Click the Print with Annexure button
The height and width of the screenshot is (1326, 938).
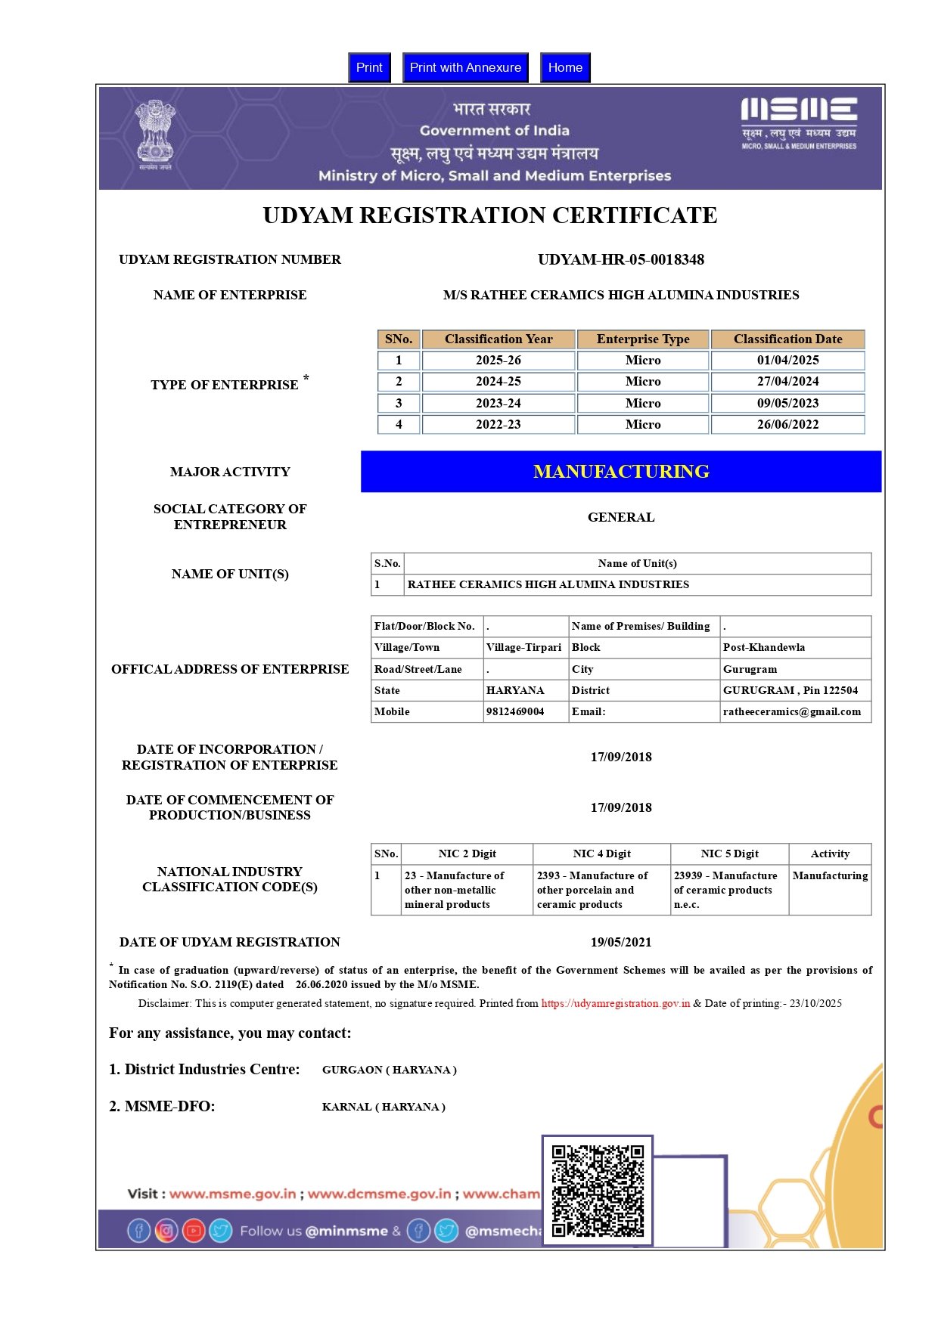[x=465, y=67]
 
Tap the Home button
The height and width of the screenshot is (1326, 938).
[x=565, y=67]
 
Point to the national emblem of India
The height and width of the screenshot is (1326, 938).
[x=155, y=132]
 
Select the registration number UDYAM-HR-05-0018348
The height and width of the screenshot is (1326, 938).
[x=620, y=259]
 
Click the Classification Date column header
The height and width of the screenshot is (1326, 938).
[x=787, y=339]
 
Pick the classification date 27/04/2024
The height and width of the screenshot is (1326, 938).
[x=787, y=382]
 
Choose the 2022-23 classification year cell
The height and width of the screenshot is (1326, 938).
[x=498, y=425]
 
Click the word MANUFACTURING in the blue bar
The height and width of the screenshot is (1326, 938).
[x=621, y=472]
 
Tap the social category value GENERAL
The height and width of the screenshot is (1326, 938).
[x=621, y=517]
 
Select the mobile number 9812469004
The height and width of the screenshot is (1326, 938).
[x=515, y=711]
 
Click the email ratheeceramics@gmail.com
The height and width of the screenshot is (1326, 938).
[x=791, y=711]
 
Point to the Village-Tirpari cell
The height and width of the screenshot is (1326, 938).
[x=523, y=647]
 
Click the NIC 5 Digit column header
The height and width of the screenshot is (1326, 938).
[x=729, y=854]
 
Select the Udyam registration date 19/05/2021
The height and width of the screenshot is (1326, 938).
[x=621, y=942]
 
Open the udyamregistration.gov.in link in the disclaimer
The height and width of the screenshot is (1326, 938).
[x=615, y=1003]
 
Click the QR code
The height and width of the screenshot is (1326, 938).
[x=598, y=1191]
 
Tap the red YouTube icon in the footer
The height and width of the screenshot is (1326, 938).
[x=194, y=1231]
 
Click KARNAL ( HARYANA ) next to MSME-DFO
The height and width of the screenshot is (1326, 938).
[x=384, y=1107]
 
